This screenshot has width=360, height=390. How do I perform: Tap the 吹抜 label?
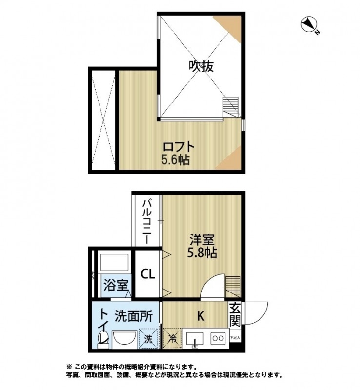click(x=201, y=66)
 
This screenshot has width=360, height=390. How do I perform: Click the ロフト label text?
click(x=178, y=146)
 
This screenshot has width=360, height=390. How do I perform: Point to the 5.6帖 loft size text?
click(x=176, y=159)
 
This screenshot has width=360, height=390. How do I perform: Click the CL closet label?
click(x=148, y=274)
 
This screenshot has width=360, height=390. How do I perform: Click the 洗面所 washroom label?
click(x=134, y=316)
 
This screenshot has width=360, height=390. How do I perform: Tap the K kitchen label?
click(x=200, y=316)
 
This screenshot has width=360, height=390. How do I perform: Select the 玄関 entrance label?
click(x=235, y=314)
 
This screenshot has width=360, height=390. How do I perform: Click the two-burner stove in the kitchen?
click(x=218, y=338)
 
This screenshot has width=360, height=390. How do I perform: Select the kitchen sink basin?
click(x=195, y=338)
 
